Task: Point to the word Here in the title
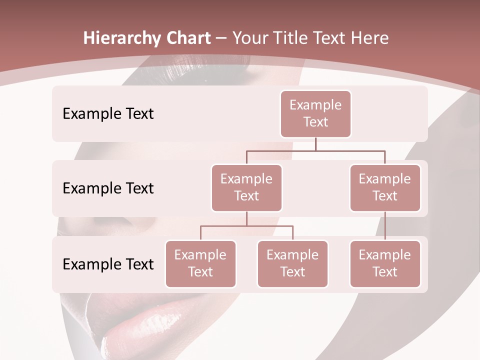369,38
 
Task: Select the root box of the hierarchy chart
315,113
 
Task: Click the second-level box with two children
246,187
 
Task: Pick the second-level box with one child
385,187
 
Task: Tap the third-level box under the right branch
385,263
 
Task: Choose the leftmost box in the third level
200,263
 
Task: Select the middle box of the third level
292,263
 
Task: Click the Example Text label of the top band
108,114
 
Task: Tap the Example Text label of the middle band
108,188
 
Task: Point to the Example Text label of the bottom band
108,264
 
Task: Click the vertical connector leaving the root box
315,144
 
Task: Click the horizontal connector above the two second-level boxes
315,150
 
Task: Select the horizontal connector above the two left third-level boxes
246,226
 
